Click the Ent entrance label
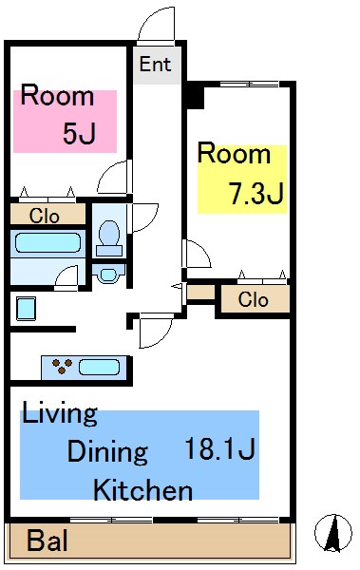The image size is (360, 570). [x=155, y=65]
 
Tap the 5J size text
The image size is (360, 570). [x=79, y=133]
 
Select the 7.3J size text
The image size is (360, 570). [x=256, y=194]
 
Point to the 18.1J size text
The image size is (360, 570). [x=220, y=449]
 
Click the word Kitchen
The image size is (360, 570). [x=142, y=491]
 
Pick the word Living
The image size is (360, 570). [x=60, y=413]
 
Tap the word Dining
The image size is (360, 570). [x=107, y=452]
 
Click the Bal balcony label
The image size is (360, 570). [x=47, y=541]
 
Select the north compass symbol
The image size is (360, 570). [x=333, y=533]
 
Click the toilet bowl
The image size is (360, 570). [x=109, y=236]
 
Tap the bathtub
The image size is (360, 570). [x=47, y=243]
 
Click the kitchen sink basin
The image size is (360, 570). [x=100, y=367]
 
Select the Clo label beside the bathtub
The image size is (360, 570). [x=44, y=216]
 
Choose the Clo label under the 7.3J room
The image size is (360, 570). [x=254, y=299]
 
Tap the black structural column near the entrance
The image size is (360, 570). [x=194, y=95]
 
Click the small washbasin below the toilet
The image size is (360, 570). [x=107, y=275]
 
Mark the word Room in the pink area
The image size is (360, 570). [x=57, y=95]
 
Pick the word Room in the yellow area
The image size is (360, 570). [x=235, y=153]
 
